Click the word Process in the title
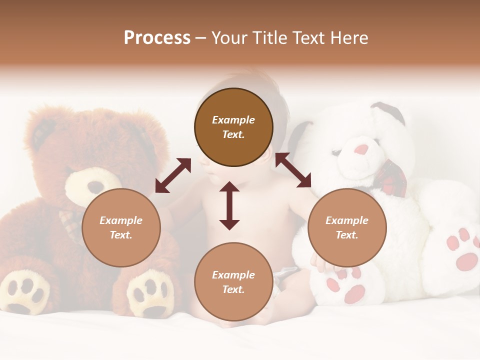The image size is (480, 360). [157, 38]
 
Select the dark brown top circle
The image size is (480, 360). [233, 127]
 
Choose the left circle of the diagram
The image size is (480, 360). [121, 227]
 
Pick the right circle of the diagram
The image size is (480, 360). [347, 227]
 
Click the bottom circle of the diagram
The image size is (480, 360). [233, 282]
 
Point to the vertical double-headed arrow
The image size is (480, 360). [229, 206]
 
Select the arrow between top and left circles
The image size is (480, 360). [173, 175]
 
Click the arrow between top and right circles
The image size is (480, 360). [293, 170]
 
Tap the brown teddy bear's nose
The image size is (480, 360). [95, 187]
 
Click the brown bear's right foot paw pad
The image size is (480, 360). [149, 295]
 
